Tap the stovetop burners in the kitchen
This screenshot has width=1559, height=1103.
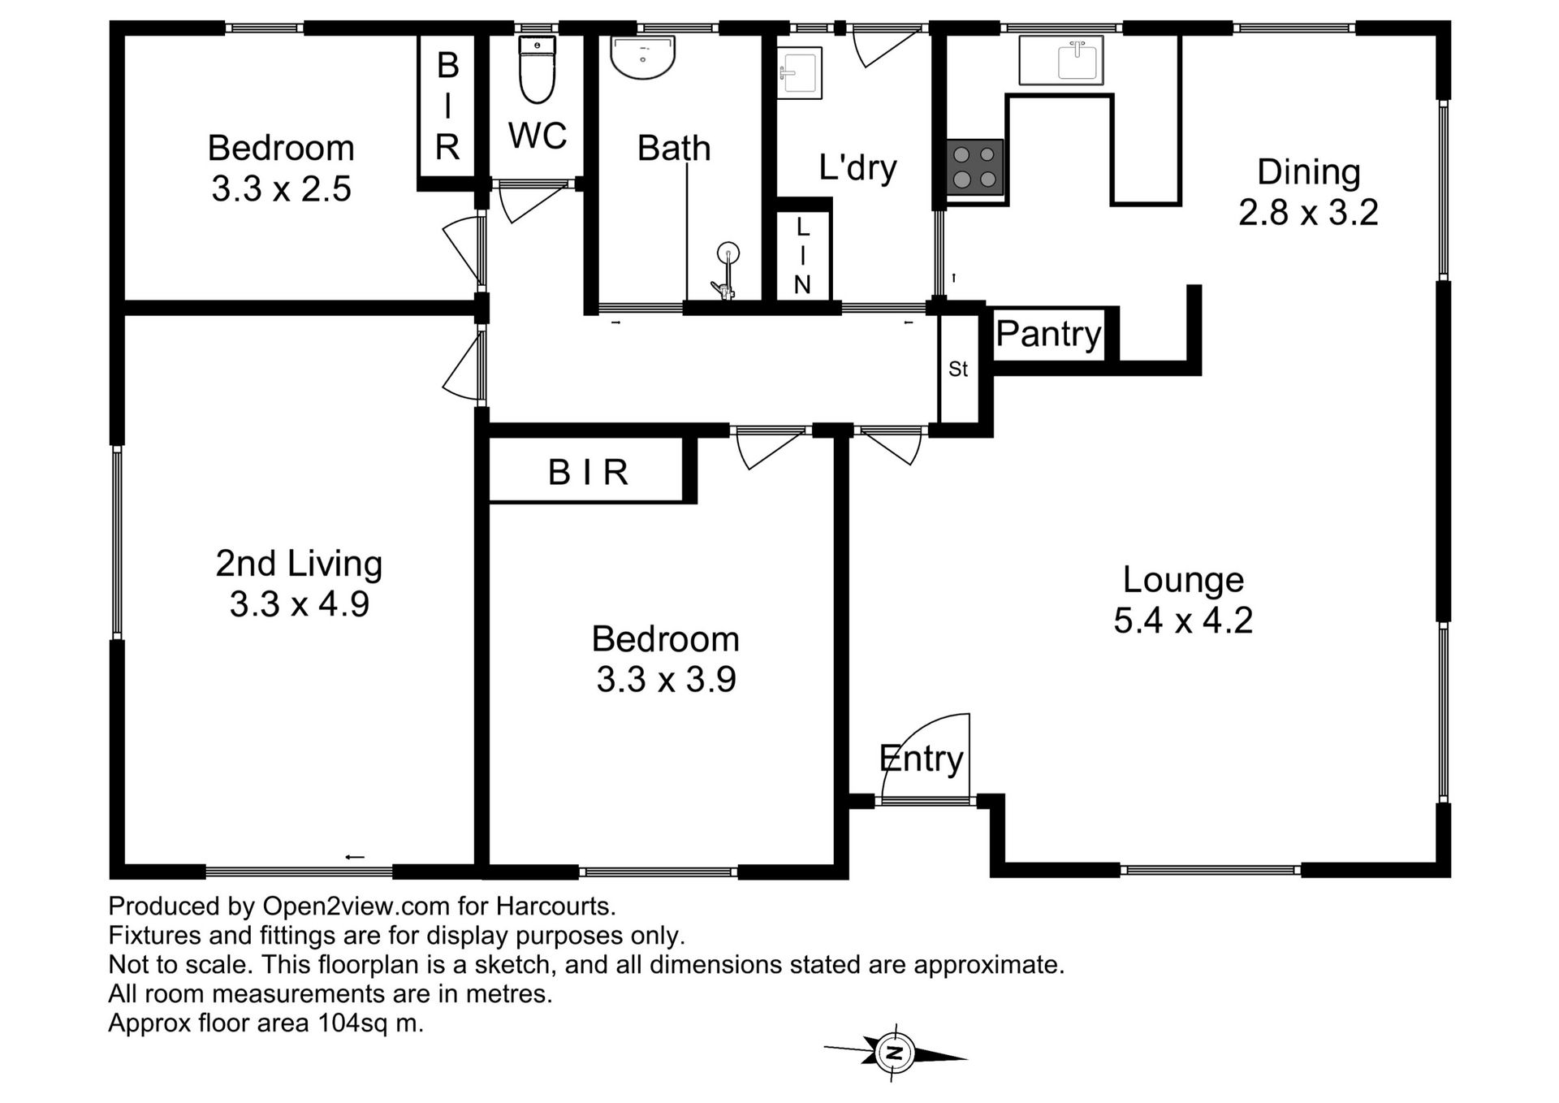(x=974, y=167)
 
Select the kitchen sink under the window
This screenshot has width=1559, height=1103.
(x=1061, y=60)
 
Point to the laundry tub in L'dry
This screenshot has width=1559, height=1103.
(x=799, y=73)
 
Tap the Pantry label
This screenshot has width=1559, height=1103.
(x=1048, y=334)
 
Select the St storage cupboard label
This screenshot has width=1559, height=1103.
(x=958, y=370)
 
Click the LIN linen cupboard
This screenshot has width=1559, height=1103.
(x=802, y=255)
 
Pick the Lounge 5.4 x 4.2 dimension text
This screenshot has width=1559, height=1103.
(x=1183, y=621)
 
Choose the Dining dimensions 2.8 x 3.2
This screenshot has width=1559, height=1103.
(x=1308, y=213)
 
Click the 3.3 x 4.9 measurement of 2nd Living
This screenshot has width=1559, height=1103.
(x=300, y=604)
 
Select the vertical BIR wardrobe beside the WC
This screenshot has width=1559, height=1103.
(x=447, y=106)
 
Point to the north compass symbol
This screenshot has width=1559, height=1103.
(x=895, y=1053)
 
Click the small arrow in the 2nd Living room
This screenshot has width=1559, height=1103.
(x=355, y=857)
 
